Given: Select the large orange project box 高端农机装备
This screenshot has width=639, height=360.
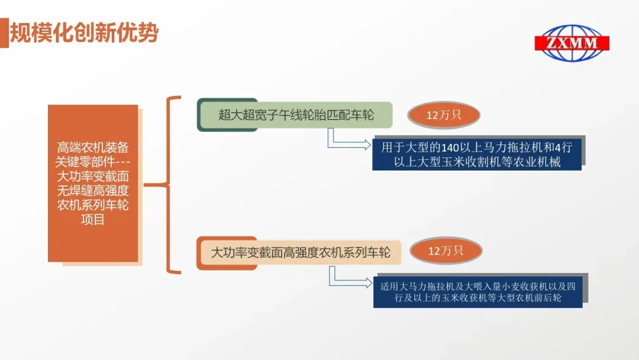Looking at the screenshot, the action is (x=93, y=183).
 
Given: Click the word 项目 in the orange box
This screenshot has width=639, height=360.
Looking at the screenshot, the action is (x=93, y=220).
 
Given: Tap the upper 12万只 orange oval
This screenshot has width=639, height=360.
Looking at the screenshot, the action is (x=444, y=115).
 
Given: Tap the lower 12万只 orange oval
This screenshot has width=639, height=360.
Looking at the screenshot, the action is (x=445, y=251).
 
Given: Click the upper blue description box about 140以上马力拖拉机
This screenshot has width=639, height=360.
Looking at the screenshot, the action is (x=477, y=154).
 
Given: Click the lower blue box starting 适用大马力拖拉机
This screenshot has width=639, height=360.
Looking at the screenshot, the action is (x=477, y=292).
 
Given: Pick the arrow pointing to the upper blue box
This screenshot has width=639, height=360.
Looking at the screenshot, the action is (x=350, y=142).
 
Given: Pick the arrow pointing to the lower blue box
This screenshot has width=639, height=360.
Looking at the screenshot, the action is (x=351, y=280).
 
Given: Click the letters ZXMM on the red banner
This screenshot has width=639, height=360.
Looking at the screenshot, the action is (x=572, y=43).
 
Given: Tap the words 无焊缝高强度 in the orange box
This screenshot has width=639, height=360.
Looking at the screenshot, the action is (x=93, y=191).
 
